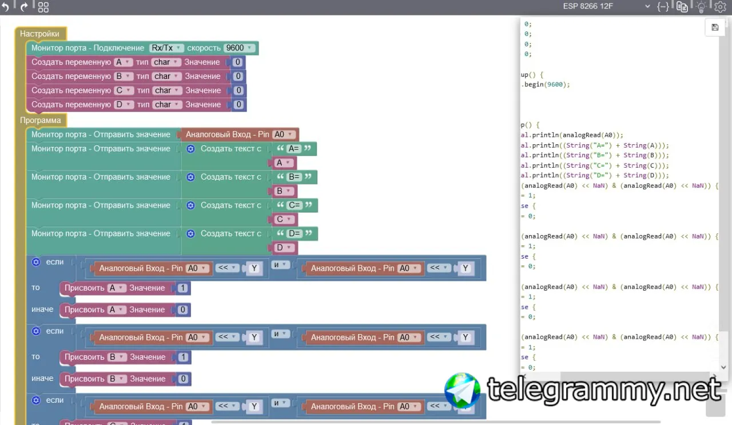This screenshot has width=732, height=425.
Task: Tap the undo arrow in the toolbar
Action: (5, 7)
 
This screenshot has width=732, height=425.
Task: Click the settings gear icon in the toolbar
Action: (720, 7)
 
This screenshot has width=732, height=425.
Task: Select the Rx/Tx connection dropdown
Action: (166, 48)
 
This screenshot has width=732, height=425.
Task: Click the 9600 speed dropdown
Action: (239, 48)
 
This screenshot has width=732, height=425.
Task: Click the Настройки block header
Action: (39, 34)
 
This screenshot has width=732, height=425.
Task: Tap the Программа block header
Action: (40, 120)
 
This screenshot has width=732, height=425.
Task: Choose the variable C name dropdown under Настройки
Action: (123, 90)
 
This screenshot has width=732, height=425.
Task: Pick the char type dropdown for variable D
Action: (167, 105)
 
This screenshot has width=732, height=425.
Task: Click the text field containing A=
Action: (294, 149)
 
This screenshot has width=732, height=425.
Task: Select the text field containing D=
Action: (295, 233)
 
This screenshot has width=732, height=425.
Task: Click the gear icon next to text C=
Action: (190, 205)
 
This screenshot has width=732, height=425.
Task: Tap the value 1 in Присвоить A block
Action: (182, 288)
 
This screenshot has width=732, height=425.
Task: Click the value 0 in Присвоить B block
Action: (183, 379)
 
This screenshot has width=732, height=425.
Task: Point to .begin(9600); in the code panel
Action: (546, 84)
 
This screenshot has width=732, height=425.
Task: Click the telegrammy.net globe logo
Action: (462, 391)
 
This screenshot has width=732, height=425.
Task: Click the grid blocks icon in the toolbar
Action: (43, 7)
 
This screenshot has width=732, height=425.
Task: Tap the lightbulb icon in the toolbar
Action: (701, 7)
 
